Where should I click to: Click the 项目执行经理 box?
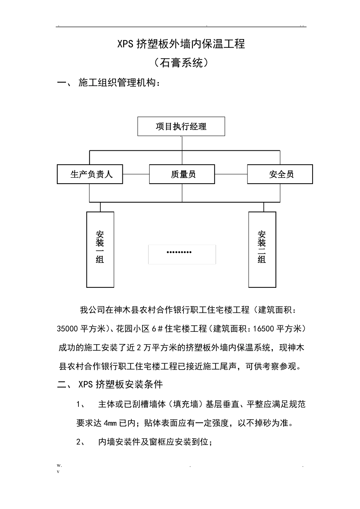tap(181, 126)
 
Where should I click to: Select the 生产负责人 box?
tap(90, 174)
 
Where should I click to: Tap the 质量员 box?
tap(182, 174)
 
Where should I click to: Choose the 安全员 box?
tap(280, 174)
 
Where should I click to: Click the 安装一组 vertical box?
tap(100, 249)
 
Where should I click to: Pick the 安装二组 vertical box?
tap(262, 249)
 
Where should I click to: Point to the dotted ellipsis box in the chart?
tap(182, 254)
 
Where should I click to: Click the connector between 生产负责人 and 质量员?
tap(136, 174)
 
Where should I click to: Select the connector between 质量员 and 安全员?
tap(231, 174)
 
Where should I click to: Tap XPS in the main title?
tap(125, 44)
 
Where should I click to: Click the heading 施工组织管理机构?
tap(119, 83)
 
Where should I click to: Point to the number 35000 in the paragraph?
tap(68, 329)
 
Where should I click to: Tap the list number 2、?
tap(81, 442)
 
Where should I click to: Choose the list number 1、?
tap(81, 404)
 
